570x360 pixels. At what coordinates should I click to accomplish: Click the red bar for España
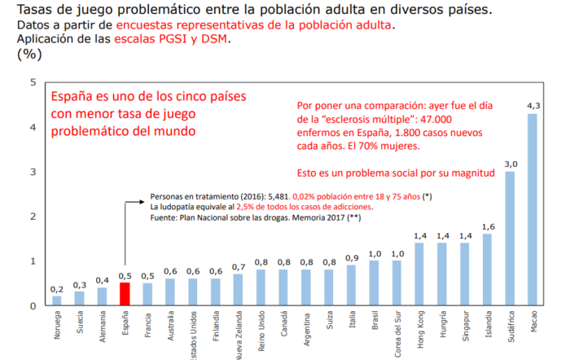pyautogui.click(x=125, y=294)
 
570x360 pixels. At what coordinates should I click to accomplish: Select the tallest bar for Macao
pyautogui.click(x=533, y=209)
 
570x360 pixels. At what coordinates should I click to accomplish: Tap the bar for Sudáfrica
pyautogui.click(x=511, y=239)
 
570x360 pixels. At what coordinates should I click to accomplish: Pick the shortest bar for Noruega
pyautogui.click(x=56, y=301)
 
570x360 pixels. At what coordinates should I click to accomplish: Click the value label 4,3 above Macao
pyautogui.click(x=533, y=106)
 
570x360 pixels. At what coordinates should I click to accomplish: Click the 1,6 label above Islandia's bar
pyautogui.click(x=488, y=226)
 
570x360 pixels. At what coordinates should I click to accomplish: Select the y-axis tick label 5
pyautogui.click(x=33, y=82)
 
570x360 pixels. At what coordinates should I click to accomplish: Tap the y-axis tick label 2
pyautogui.click(x=33, y=217)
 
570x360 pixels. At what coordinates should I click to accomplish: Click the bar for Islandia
pyautogui.click(x=488, y=270)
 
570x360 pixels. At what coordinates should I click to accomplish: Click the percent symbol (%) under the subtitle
pyautogui.click(x=30, y=55)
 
